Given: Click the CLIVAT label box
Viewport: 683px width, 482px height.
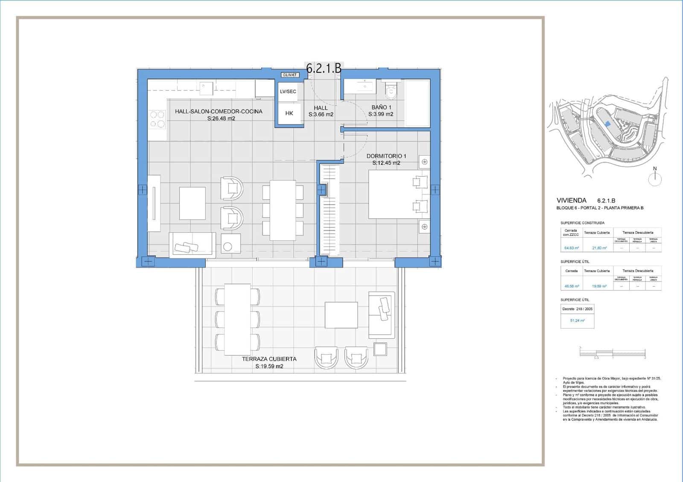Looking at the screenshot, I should click(x=290, y=75).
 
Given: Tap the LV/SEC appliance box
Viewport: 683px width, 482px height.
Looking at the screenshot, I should click(x=288, y=92).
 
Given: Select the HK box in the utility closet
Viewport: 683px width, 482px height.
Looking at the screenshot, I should click(x=289, y=113).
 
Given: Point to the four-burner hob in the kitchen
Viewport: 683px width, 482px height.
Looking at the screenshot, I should click(x=157, y=119).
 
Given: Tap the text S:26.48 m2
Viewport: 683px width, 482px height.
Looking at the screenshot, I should click(x=221, y=119).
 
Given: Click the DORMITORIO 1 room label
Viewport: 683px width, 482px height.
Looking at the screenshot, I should click(x=386, y=156).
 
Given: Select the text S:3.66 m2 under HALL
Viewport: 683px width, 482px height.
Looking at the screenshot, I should click(x=321, y=114).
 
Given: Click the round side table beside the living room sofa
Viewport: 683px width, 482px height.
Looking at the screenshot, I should click(x=228, y=246).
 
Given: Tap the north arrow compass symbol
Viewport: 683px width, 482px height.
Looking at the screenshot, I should click(x=655, y=178).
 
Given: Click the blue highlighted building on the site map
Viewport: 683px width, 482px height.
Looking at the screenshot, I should click(x=607, y=123).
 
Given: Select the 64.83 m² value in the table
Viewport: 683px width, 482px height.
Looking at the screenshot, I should click(x=571, y=247).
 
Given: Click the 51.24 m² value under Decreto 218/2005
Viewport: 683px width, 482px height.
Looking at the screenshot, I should click(x=577, y=320).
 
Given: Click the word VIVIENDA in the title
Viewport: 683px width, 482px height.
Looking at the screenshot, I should click(x=571, y=200).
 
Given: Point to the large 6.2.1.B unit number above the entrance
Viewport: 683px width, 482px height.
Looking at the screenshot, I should click(x=324, y=69).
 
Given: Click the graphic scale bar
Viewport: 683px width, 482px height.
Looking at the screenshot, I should click(x=612, y=352).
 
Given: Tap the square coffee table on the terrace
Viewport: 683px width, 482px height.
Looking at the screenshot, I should click(x=341, y=315).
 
